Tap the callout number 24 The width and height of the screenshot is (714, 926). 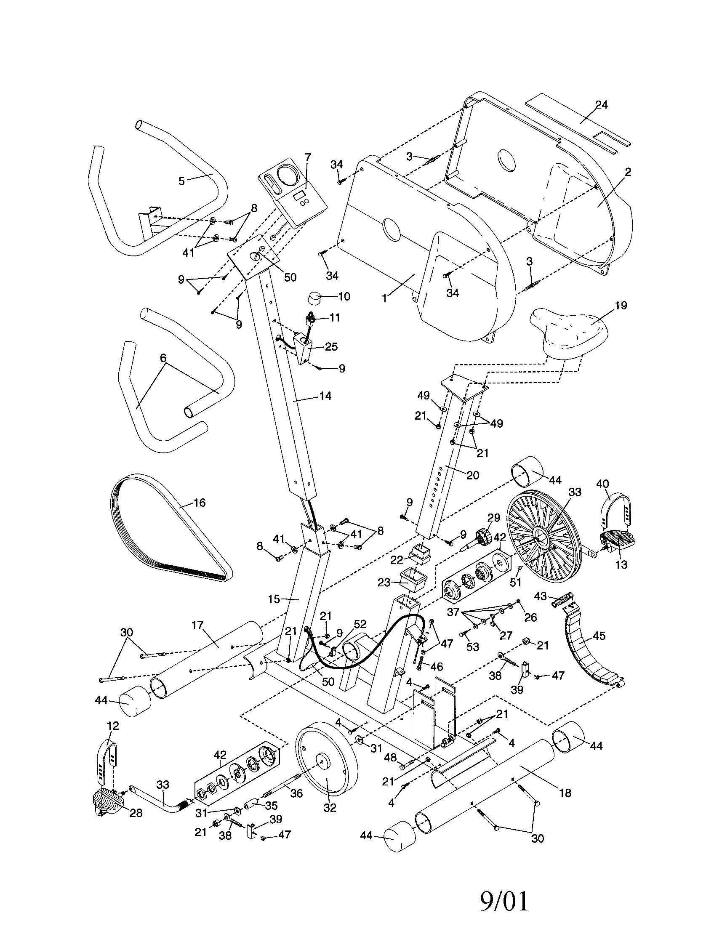click(601, 104)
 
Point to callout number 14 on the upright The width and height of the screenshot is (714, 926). click(325, 396)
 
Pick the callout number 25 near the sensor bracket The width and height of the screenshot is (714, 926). click(331, 346)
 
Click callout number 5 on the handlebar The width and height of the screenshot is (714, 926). click(181, 181)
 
